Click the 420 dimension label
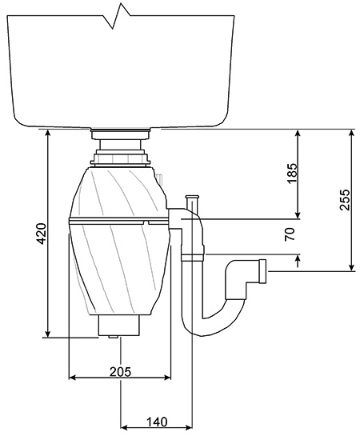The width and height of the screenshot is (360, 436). (42, 234)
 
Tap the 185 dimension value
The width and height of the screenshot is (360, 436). (292, 174)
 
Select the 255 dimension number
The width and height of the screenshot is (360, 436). (345, 200)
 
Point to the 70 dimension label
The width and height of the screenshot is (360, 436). (290, 234)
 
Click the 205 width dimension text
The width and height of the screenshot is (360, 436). (120, 371)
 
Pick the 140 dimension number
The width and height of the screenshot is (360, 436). (157, 422)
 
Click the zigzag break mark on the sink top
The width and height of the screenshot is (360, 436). (117, 16)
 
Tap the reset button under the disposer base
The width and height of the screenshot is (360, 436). (113, 337)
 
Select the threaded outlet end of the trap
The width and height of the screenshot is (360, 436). (262, 271)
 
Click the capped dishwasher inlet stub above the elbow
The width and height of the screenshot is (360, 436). (192, 202)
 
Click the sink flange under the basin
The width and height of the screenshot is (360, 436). (120, 134)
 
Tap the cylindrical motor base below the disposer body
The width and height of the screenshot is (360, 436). (119, 325)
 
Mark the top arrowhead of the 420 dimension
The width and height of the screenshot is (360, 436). (48, 134)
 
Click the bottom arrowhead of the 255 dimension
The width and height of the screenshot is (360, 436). (352, 266)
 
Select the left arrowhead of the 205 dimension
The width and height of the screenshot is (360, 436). (73, 378)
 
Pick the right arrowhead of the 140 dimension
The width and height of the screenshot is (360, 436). (188, 427)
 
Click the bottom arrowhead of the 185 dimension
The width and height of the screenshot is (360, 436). (298, 215)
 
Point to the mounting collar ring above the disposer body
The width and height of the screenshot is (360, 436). (120, 159)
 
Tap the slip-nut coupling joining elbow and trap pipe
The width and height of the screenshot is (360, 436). (193, 257)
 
